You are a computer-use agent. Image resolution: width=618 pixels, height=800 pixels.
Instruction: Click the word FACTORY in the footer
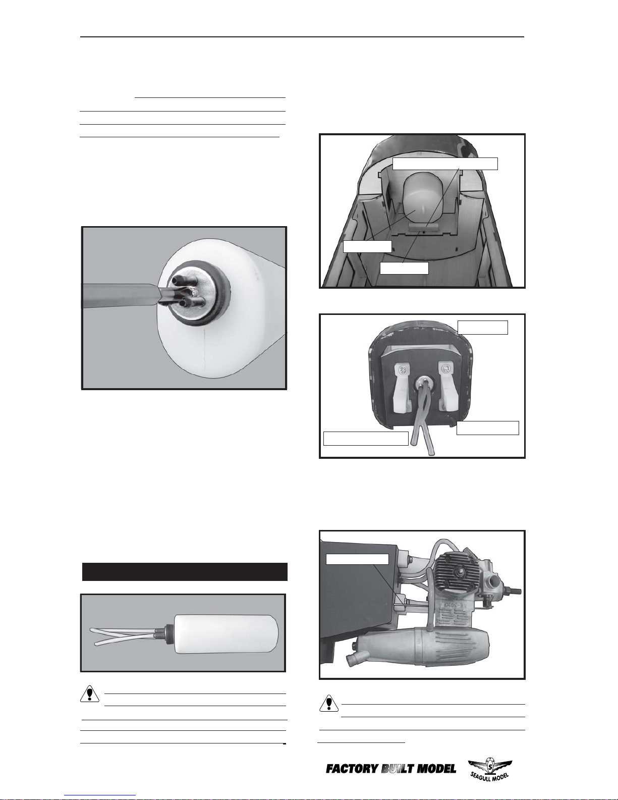(x=352, y=769)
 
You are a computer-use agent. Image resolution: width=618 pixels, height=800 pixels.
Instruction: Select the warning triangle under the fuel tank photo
(x=89, y=694)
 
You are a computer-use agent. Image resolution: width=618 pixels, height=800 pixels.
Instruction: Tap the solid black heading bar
(x=185, y=571)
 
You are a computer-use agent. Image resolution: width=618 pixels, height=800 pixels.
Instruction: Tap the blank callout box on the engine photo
(x=358, y=559)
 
